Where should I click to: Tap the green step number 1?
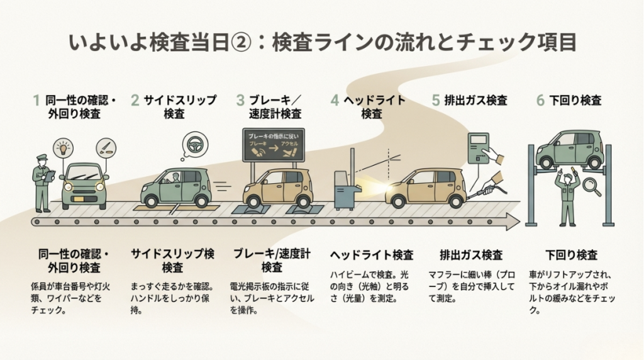click(36, 100)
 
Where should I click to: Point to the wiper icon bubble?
click(105, 149)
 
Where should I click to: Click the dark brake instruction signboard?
click(273, 145)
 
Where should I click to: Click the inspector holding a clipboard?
click(42, 183)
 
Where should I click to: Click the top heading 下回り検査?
click(575, 100)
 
